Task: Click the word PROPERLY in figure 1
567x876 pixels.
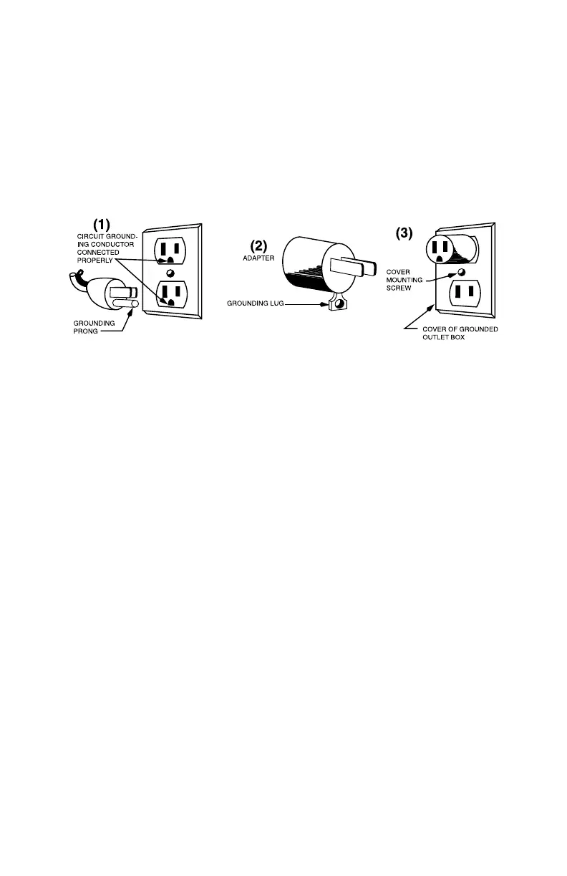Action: click(92, 260)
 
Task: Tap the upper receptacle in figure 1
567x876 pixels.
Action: click(170, 251)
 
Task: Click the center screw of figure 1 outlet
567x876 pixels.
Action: click(170, 273)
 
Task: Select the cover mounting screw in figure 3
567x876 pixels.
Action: click(460, 273)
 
